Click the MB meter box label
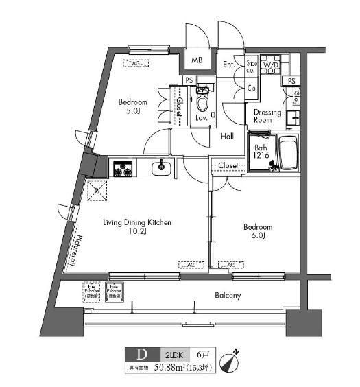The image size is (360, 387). pyautogui.click(x=196, y=60)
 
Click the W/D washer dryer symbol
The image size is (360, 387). pyautogui.click(x=272, y=66)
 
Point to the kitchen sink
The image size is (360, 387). pyautogui.click(x=162, y=167)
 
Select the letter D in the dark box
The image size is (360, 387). pyautogui.click(x=143, y=355)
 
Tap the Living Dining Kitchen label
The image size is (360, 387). pyautogui.click(x=136, y=227)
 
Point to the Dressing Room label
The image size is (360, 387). pyautogui.click(x=267, y=116)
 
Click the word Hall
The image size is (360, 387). pyautogui.click(x=228, y=137)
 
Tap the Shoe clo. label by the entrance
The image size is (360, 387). pyautogui.click(x=252, y=67)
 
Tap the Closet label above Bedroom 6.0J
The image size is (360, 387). pyautogui.click(x=228, y=165)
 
